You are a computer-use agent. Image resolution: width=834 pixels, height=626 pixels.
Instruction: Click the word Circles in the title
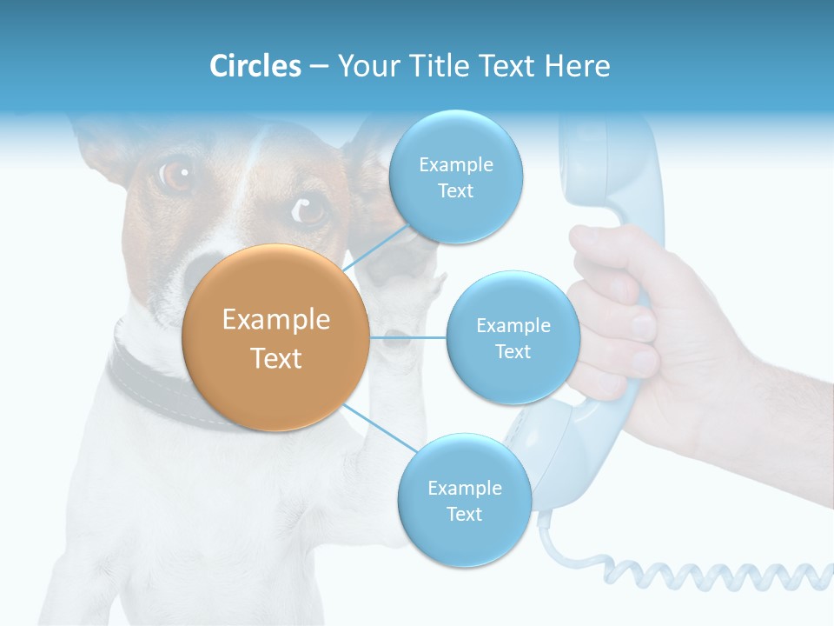coord(255,66)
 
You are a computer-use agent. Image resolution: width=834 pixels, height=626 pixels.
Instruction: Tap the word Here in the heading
coord(577,66)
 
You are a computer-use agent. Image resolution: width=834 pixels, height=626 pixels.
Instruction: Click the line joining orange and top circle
coord(378,248)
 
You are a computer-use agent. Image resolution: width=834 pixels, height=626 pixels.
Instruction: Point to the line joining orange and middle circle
coord(408,337)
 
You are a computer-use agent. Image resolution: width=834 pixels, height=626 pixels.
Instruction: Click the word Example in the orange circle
coord(275,320)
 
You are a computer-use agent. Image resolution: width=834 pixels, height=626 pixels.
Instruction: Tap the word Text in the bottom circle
coord(464,514)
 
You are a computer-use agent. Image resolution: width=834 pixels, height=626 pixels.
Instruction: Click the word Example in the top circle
coord(455,164)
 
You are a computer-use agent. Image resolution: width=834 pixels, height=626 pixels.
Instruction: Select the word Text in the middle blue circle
coord(513,351)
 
